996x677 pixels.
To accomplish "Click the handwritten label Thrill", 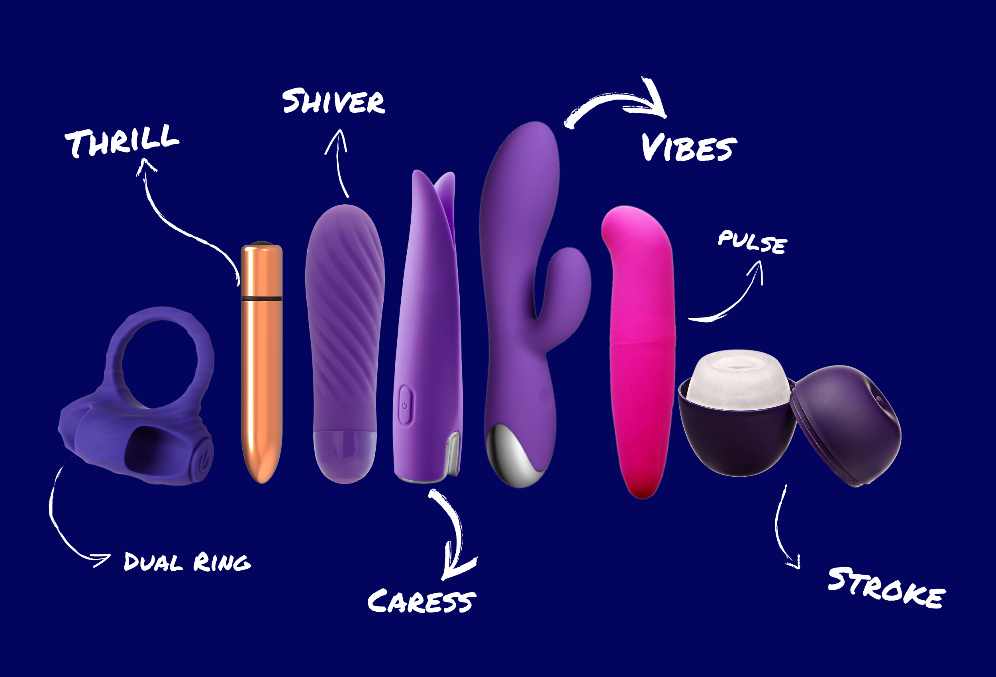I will coord(122,141).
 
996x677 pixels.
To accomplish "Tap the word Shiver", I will coord(333,102).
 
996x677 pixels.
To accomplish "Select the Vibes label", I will coord(689,148).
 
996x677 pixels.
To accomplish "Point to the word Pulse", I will coord(752,243).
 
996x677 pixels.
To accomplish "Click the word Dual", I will coord(153,562).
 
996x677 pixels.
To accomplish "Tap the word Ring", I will coord(222,562).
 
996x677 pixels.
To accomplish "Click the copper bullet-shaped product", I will coord(261,377).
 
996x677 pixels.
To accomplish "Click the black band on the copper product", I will coord(261,298).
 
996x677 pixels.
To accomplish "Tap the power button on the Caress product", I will coord(405,405).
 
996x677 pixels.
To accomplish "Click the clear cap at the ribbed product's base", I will coord(345,454).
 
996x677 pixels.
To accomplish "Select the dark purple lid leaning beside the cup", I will coord(847,424).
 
